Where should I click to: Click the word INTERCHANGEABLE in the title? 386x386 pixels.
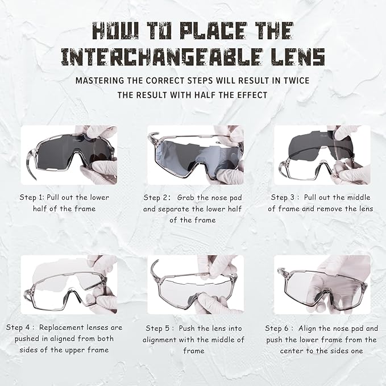tap(162, 57)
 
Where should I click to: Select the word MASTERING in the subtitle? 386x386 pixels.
tap(99, 81)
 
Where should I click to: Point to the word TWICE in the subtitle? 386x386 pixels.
tap(296, 81)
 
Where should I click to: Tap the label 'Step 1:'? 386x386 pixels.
tap(32, 197)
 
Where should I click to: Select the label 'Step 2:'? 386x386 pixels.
tap(157, 198)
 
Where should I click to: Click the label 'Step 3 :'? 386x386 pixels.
tap(285, 197)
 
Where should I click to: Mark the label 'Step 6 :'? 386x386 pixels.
tap(279, 329)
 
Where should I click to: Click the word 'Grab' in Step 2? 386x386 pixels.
tap(186, 198)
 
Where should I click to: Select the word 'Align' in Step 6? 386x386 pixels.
tap(308, 329)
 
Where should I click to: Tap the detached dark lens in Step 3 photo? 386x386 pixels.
tap(318, 145)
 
